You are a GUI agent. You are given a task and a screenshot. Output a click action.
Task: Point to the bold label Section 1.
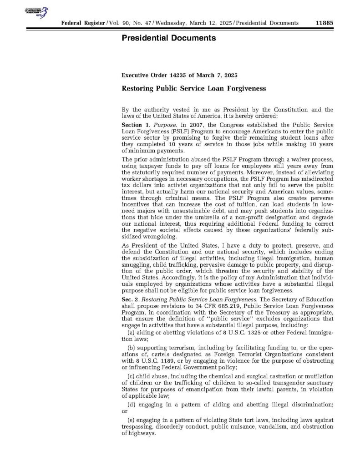135,124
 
